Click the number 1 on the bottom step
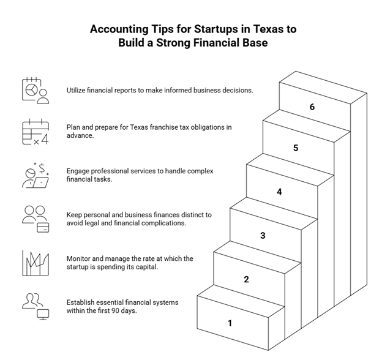[x=230, y=323]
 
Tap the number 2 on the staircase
[x=247, y=279]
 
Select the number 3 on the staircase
[x=263, y=235]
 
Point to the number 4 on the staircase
[x=280, y=192]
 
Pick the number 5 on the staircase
[x=296, y=148]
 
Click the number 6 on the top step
[x=312, y=107]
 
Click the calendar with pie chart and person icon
[x=35, y=90]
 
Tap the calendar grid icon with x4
[x=35, y=132]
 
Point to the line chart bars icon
[x=35, y=263]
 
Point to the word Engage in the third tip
[x=79, y=171]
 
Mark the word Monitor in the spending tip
[x=80, y=259]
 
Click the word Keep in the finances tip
[x=75, y=215]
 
